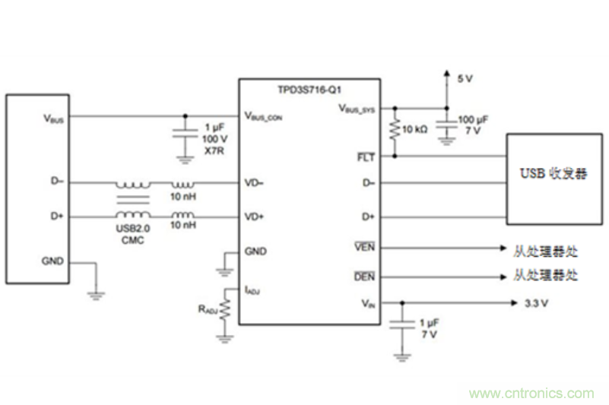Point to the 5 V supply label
tap(465, 78)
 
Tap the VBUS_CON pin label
tap(264, 116)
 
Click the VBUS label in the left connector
tap(53, 118)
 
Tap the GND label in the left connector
tap(53, 261)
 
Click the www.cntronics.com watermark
tap(531, 393)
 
